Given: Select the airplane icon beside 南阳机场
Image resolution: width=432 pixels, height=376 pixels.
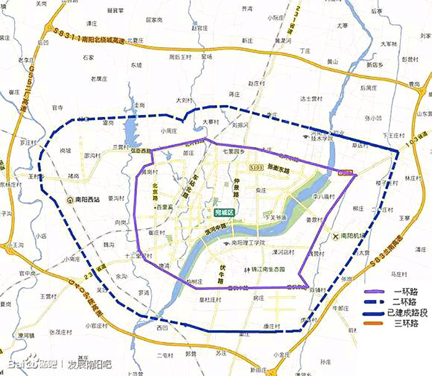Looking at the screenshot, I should point(336,236).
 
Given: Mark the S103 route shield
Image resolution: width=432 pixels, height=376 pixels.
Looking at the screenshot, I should point(257,167).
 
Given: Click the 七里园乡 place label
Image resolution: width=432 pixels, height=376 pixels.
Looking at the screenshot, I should point(234,152).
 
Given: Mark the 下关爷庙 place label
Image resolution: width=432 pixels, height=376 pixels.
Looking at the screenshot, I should point(275,218).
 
